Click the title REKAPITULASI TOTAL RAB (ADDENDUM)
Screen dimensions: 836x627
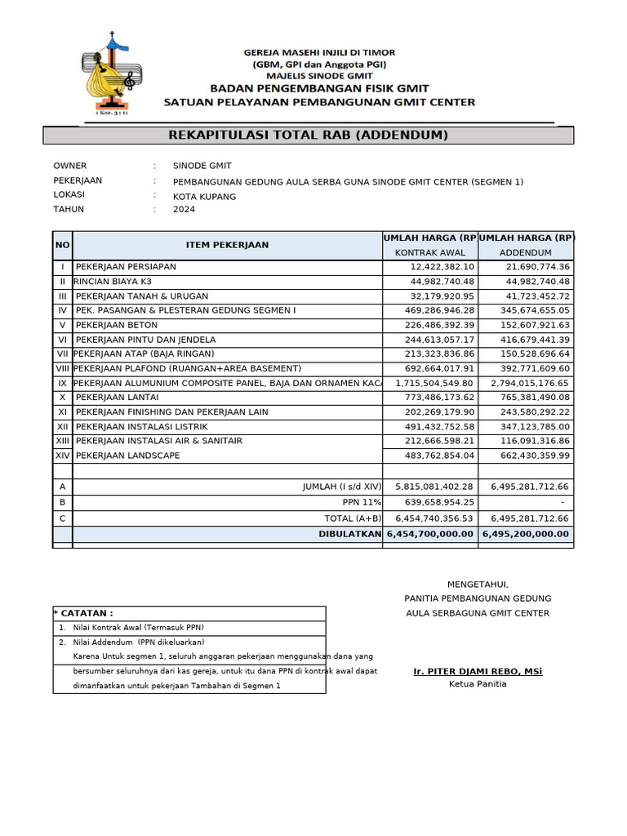[x=308, y=136]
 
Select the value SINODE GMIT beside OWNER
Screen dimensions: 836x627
[x=202, y=166]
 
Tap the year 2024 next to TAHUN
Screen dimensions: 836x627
[x=184, y=210]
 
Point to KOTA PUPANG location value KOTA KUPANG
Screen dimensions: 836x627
[x=204, y=197]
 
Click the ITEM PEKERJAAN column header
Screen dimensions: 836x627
[x=227, y=245]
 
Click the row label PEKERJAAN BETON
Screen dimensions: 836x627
[x=117, y=325]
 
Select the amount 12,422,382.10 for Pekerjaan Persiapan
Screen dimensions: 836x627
[x=442, y=267]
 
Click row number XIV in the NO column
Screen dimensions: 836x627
[x=62, y=456]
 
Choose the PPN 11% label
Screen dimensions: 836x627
[x=362, y=503]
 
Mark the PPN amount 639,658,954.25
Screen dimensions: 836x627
[x=434, y=503]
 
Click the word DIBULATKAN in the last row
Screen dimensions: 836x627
[x=350, y=534]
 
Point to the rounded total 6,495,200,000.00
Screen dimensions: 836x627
[x=526, y=534]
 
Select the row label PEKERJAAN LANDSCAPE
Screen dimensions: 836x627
[x=127, y=456]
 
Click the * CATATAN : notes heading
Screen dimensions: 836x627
[x=83, y=613]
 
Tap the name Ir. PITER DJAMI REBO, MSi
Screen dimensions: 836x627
[x=478, y=672]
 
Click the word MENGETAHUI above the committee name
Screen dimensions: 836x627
[x=478, y=585]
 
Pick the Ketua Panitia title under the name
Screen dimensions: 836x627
[x=478, y=684]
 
